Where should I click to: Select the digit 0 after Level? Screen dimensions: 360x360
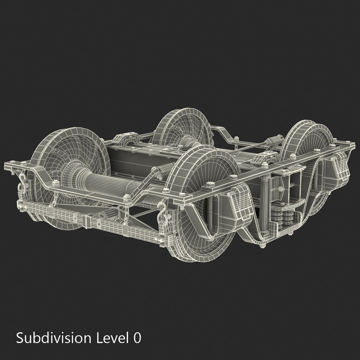[137, 338]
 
